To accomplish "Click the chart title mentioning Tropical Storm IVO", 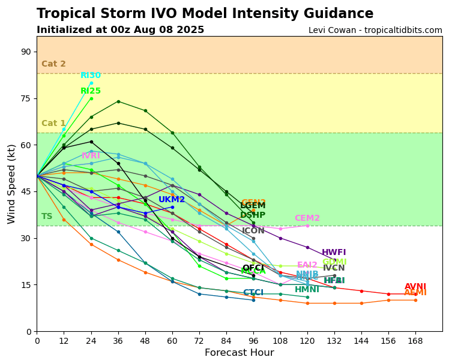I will [205, 14].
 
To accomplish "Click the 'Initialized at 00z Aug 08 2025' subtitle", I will [120, 30].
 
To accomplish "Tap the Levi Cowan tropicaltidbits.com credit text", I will [375, 31].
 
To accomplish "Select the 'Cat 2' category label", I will [53, 64].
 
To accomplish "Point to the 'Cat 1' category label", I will [53, 124].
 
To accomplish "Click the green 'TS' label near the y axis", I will [47, 217].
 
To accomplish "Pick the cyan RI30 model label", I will [91, 76].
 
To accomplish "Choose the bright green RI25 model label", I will [91, 91].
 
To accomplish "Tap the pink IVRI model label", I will [91, 156].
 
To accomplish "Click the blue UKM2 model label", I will [172, 200].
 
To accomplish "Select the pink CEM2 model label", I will [307, 218].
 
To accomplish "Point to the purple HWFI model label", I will [334, 253].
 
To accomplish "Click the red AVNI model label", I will [415, 287].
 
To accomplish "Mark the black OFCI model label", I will [253, 268].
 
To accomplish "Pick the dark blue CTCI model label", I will [253, 293].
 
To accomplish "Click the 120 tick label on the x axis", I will [307, 341].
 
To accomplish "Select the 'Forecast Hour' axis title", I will [239, 353].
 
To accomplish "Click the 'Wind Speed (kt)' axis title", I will [11, 184].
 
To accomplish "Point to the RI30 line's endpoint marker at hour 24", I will [91, 83].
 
